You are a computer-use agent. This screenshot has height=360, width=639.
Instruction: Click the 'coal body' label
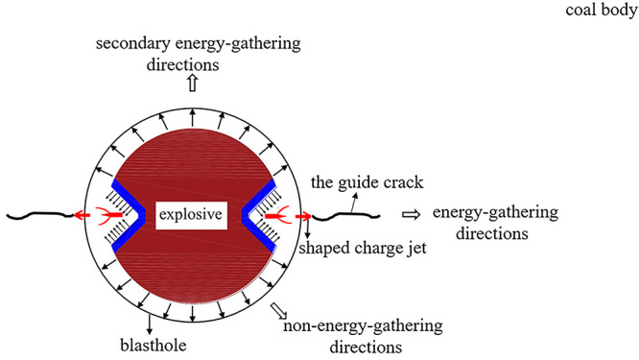tap(598, 13)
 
